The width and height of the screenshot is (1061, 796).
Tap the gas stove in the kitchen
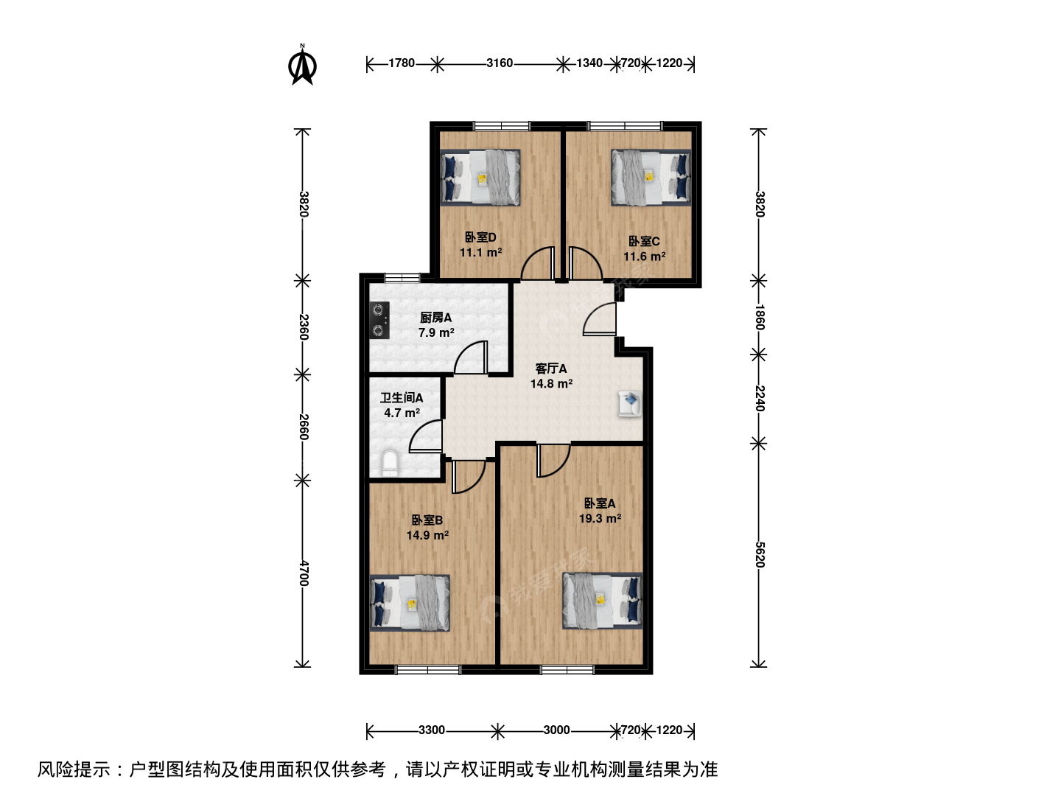click(379, 320)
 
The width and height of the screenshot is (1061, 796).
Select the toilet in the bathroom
click(390, 463)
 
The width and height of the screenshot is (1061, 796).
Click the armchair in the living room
click(630, 403)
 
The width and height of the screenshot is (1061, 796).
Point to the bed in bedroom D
click(480, 178)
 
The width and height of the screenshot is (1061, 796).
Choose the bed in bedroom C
click(651, 178)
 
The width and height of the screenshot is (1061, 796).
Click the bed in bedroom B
click(410, 603)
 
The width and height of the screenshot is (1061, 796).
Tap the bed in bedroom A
click(602, 601)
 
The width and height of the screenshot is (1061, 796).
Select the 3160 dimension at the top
click(500, 63)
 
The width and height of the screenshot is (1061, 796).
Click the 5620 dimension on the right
click(760, 555)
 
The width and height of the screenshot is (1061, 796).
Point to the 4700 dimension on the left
click(303, 573)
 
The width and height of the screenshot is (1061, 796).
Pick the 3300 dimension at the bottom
click(432, 730)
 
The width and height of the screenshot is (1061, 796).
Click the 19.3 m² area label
click(600, 519)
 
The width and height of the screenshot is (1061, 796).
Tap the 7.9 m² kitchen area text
click(436, 332)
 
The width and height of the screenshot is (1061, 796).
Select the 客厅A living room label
click(551, 369)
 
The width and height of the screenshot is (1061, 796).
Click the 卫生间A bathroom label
click(402, 398)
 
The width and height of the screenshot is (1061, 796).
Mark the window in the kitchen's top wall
click(402, 278)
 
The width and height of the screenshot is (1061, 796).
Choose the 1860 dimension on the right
click(760, 317)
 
